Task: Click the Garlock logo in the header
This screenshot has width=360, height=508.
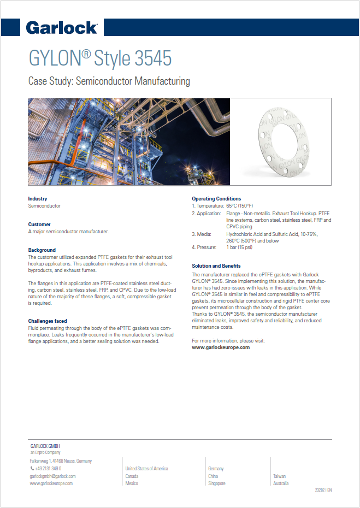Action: coord(62,27)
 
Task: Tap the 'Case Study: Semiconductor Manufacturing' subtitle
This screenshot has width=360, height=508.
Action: coord(109,81)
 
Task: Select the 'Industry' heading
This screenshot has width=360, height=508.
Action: coord(38,199)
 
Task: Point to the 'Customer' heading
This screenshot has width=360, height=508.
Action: coord(39,225)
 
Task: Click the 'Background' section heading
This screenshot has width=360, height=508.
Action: coord(42,250)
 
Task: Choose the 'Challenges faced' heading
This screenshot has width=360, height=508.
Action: coord(48,321)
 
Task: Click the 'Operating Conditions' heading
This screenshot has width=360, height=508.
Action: coord(216,199)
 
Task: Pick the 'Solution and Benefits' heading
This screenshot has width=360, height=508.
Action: coord(216,265)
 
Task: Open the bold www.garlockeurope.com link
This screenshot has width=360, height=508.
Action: coord(221,347)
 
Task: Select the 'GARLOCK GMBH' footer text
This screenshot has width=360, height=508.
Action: coord(45,446)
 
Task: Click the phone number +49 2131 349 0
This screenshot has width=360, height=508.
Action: coord(48,469)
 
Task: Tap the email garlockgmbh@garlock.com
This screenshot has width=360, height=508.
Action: coord(52,476)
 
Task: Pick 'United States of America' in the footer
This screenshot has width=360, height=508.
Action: coord(146,469)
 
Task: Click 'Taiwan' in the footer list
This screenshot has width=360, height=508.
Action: coord(279,476)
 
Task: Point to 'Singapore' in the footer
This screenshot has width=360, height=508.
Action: coord(217,483)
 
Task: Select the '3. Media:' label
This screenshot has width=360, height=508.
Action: coord(202,234)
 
